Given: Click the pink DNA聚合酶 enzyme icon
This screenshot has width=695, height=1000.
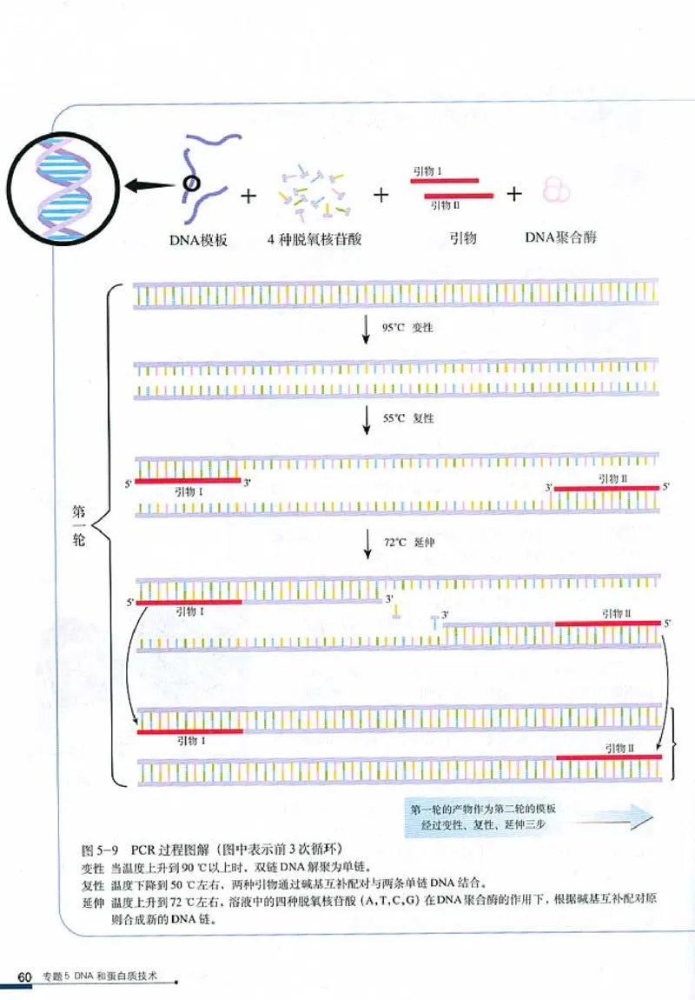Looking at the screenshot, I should click(556, 190).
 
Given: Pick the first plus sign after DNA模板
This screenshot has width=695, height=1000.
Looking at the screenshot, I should click(249, 196).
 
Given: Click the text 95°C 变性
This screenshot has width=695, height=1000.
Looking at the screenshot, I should click(407, 328).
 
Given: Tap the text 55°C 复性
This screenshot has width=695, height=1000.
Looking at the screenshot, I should click(407, 418).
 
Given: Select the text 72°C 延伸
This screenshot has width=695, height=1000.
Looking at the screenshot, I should click(407, 542).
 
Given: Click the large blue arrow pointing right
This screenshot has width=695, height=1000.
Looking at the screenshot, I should click(608, 816).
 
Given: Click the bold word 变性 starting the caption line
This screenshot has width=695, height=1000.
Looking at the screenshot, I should click(91, 867).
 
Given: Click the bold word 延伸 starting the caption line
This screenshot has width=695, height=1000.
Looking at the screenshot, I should click(91, 900).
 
